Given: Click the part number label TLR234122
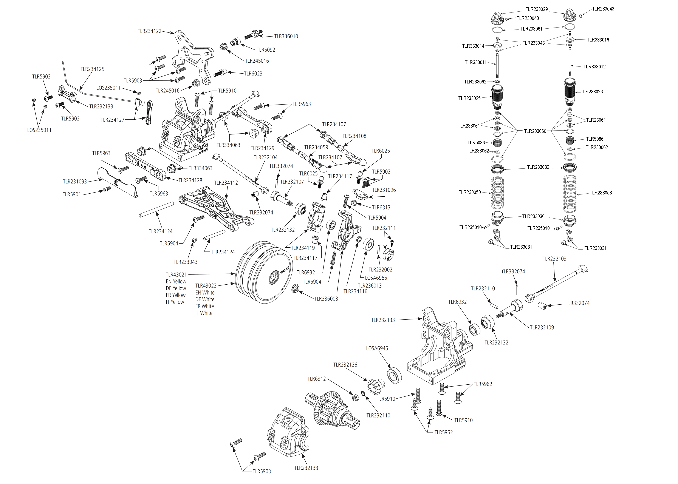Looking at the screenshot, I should pyautogui.click(x=149, y=31).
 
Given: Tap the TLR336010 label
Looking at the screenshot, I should pyautogui.click(x=286, y=36).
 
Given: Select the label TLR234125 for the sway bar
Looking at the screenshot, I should pyautogui.click(x=92, y=69).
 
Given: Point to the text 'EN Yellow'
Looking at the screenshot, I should pyautogui.click(x=176, y=281).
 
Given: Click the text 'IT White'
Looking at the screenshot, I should pyautogui.click(x=204, y=313).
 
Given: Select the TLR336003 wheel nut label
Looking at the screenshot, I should pyautogui.click(x=326, y=299).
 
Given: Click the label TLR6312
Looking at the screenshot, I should pyautogui.click(x=316, y=379).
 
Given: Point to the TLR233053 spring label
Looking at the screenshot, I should pyautogui.click(x=470, y=192).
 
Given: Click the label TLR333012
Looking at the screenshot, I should pyautogui.click(x=594, y=67).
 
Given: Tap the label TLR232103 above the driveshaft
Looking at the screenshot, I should pyautogui.click(x=554, y=259).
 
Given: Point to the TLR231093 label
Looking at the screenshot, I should pyautogui.click(x=75, y=182).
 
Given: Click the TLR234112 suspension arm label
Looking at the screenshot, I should pyautogui.click(x=226, y=183).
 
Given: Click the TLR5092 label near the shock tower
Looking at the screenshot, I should pyautogui.click(x=266, y=50).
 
